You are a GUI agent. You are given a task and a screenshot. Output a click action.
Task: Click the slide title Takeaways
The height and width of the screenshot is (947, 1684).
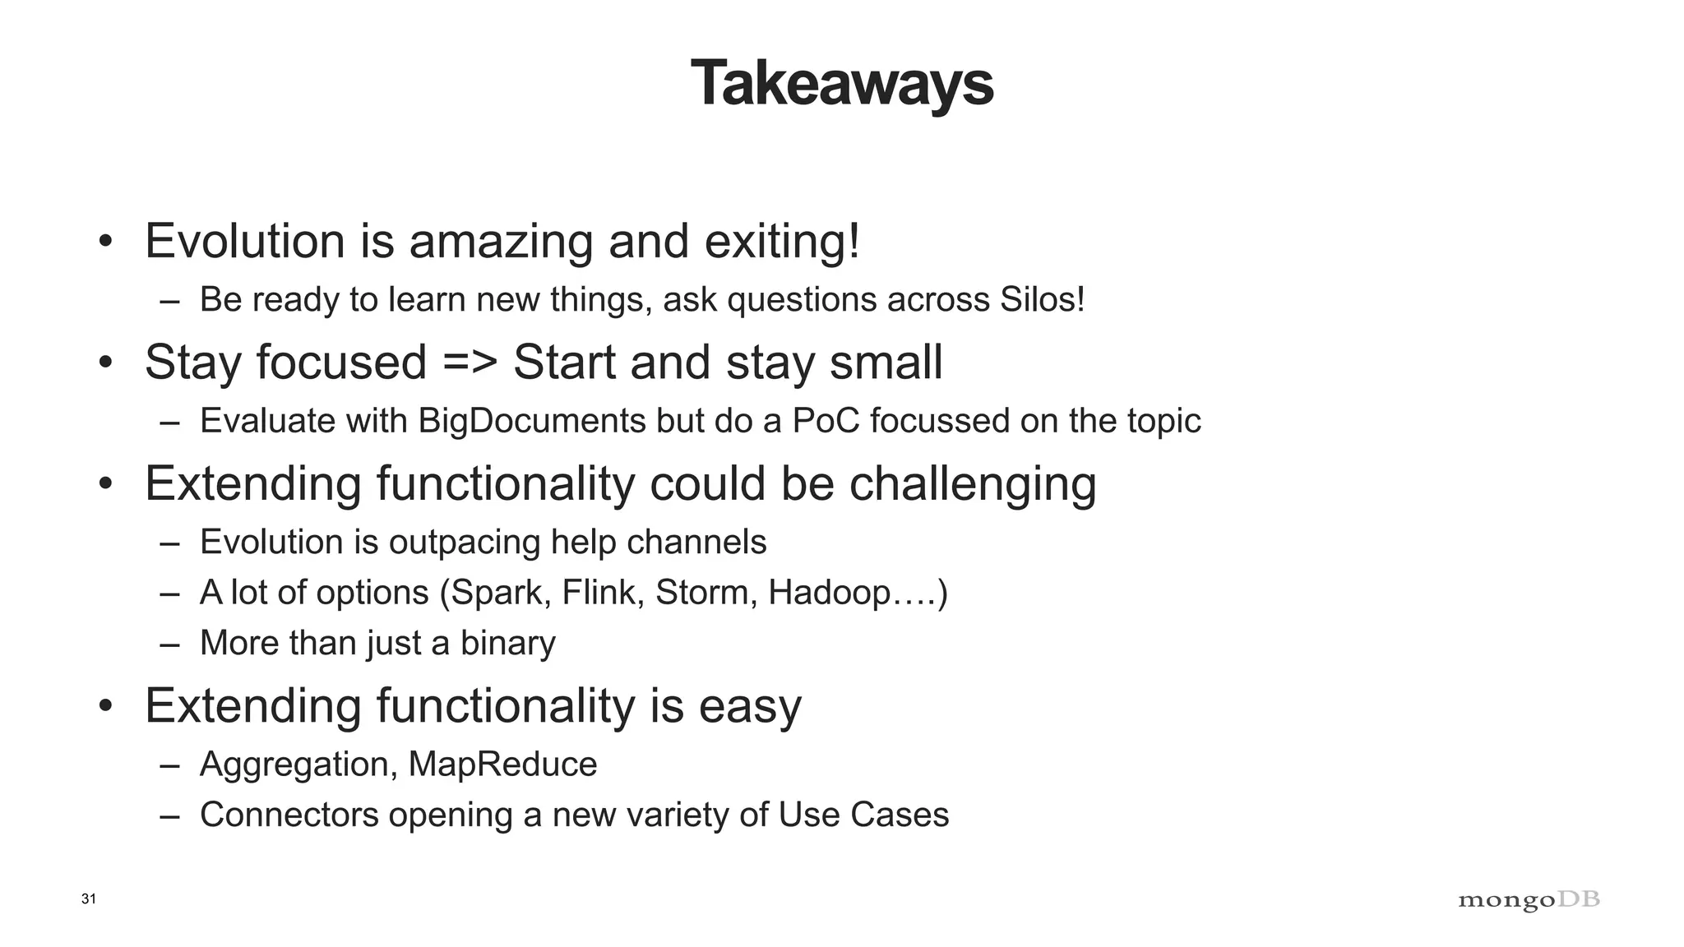pyautogui.click(x=842, y=84)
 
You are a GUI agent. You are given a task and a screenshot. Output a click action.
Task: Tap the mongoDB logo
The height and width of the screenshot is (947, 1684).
pyautogui.click(x=1529, y=900)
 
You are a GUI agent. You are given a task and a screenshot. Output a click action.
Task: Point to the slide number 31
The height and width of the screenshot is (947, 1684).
pyautogui.click(x=89, y=899)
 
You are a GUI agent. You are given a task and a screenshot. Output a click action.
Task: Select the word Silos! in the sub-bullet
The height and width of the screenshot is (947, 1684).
pyautogui.click(x=1042, y=299)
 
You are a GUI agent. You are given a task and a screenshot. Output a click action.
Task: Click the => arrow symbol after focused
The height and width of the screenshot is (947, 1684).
pyautogui.click(x=470, y=363)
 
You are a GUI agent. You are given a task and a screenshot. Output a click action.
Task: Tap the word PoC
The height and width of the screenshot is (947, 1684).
pyautogui.click(x=826, y=421)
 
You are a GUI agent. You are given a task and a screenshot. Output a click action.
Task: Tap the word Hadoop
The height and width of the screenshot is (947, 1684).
pyautogui.click(x=829, y=593)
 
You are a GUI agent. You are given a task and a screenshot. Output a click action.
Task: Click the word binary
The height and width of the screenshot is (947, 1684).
pyautogui.click(x=507, y=643)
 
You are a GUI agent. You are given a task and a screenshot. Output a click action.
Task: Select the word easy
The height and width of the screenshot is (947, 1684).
pyautogui.click(x=749, y=706)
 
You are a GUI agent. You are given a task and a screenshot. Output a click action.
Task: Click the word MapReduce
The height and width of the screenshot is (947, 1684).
pyautogui.click(x=502, y=765)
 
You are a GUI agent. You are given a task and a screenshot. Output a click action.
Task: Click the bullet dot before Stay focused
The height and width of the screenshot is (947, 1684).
pyautogui.click(x=104, y=363)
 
